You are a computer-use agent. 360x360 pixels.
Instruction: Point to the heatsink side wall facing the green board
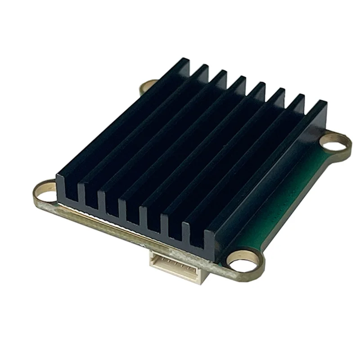click(270, 189)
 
